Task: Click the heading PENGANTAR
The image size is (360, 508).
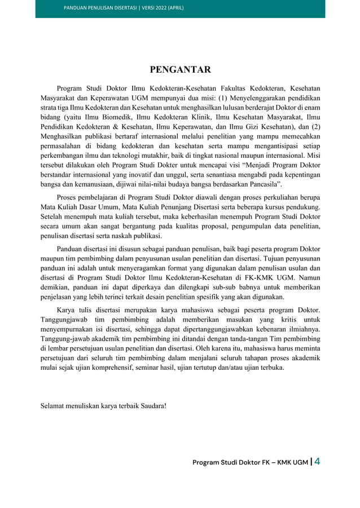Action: pos(180,70)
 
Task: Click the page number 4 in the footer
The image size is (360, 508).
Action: pos(317,462)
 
